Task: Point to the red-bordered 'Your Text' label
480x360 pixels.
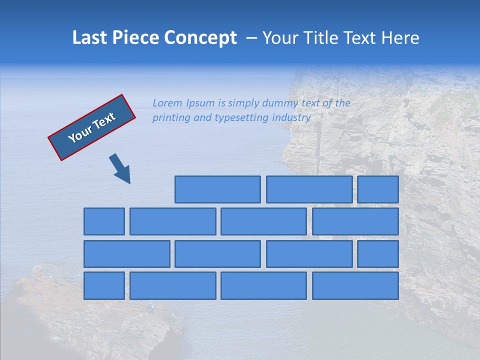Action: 91,127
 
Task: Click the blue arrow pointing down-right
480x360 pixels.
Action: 120,168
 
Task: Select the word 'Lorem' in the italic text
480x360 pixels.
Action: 168,103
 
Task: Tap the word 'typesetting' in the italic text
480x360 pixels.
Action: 241,118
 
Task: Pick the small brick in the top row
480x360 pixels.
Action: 378,189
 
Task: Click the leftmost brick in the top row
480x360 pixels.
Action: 217,189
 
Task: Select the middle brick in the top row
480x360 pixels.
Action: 309,189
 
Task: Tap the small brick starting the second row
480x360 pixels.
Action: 104,221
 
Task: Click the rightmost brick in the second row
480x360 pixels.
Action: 355,221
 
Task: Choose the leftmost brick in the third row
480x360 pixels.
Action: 126,254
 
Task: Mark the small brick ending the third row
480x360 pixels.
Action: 378,254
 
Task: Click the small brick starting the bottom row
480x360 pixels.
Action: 104,286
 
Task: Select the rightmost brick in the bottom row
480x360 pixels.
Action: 355,286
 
